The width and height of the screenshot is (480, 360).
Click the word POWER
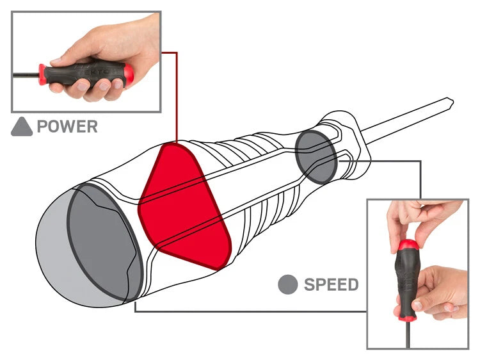pos(67,126)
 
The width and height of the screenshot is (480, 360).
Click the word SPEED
pos(332,284)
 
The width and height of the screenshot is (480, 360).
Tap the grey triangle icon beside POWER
pos(22,127)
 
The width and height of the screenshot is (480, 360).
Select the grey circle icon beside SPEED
pos(288,284)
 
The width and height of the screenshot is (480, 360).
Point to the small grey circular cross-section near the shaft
pos(317,157)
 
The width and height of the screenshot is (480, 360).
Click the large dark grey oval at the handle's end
pos(104,242)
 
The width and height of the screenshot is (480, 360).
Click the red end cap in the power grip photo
pos(129,74)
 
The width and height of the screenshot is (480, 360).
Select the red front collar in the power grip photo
pos(42,74)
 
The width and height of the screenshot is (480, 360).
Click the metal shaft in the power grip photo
pos(26,75)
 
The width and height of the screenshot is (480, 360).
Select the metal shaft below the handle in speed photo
pos(408,334)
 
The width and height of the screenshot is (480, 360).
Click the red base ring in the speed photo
pos(408,318)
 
